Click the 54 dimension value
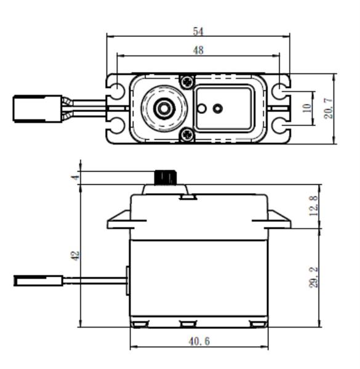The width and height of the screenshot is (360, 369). click(198, 31)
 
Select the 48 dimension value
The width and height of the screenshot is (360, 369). click(198, 50)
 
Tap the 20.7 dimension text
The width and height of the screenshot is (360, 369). click(328, 108)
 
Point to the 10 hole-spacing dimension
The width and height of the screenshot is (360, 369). click(307, 108)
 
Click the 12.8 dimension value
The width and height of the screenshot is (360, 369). click(313, 205)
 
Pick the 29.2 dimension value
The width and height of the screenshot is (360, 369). click(313, 277)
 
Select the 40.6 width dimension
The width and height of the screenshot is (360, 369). click(199, 341)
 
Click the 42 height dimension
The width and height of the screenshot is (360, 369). click(76, 256)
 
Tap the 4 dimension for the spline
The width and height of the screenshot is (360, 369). click(76, 178)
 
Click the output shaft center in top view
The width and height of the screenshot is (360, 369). click(164, 108)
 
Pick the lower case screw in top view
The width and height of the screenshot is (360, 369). click(188, 135)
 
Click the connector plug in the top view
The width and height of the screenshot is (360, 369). click(38, 109)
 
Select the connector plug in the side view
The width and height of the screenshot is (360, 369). click(39, 280)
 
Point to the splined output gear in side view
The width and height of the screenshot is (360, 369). click(165, 177)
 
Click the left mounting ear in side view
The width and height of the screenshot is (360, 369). click(119, 220)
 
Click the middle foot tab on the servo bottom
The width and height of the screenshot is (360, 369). click(188, 324)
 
